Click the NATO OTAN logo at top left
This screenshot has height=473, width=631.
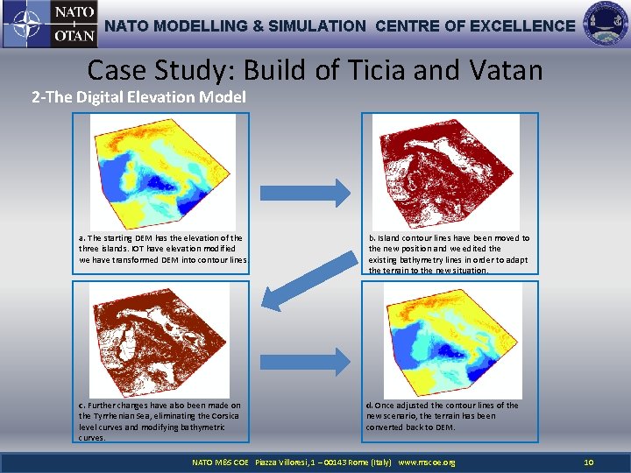pos(49,25)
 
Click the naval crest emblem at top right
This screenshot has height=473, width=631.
pos(605,25)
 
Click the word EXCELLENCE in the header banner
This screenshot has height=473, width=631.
pos(522,26)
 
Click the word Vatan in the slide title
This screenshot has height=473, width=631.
pos(503,69)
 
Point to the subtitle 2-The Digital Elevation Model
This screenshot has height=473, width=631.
pos(138,97)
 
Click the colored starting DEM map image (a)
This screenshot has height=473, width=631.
pos(163,171)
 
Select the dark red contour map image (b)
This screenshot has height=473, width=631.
pos(444,171)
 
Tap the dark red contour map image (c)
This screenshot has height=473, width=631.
pos(163,339)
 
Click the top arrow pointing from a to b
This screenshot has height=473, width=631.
pos(316,193)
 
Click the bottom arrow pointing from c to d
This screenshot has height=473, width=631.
pos(316,359)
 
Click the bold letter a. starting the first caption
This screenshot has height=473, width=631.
pos(82,238)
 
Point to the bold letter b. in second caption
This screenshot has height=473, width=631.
pos(372,238)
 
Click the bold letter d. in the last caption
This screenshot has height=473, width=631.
pos(370,406)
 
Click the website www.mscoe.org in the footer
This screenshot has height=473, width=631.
pos(427,462)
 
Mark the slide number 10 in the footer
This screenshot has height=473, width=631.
pos(589,462)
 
